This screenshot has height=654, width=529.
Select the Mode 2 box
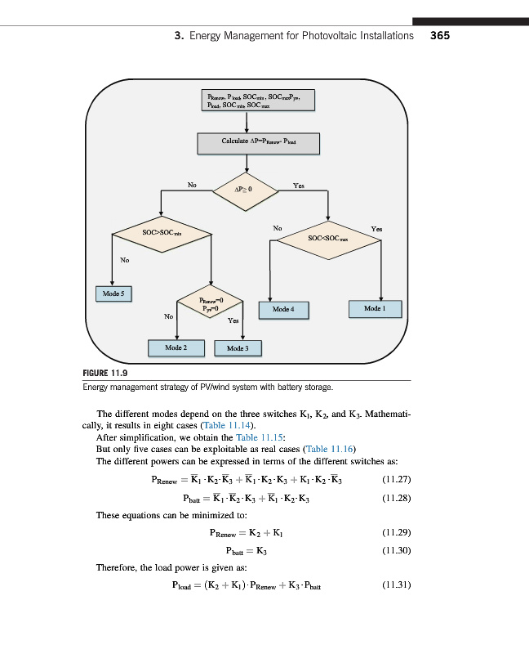173,347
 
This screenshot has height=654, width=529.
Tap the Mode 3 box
237,348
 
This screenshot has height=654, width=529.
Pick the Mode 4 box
282,310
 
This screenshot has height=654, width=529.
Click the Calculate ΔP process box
258,142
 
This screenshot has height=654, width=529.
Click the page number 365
440,36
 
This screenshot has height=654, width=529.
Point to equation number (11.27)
396,479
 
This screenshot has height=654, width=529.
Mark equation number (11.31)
396,585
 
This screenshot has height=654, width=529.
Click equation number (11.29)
396,533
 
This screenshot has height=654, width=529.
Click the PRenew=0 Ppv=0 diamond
211,305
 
